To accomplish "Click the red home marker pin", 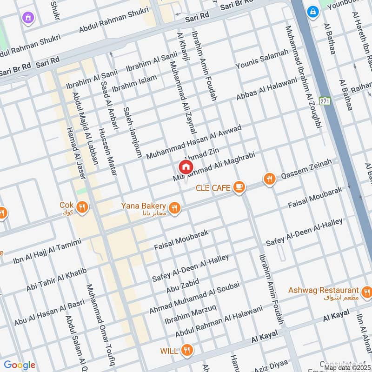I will [x=186, y=167].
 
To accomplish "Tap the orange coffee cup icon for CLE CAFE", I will [x=239, y=187].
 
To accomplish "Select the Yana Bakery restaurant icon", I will [x=174, y=208].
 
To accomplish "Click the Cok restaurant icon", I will [x=82, y=207].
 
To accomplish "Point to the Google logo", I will [x=19, y=365].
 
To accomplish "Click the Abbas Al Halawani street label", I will [x=266, y=89].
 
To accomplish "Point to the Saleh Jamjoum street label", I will [x=132, y=133].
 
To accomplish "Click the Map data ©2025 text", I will [x=347, y=367].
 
